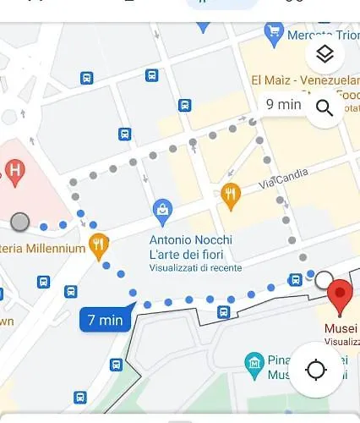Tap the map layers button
coord(325,54)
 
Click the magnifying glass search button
coord(325,107)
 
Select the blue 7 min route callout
coord(106,320)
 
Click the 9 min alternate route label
coord(283,104)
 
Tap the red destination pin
coord(340,297)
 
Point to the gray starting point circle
coord(20,222)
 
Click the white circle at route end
coord(324,278)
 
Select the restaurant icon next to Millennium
coord(99,246)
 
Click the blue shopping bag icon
coord(163,208)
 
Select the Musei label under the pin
coord(341,328)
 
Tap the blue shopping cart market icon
coord(273,32)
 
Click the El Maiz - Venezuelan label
coord(304,80)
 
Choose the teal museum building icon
coord(254,364)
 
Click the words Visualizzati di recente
coord(195,267)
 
